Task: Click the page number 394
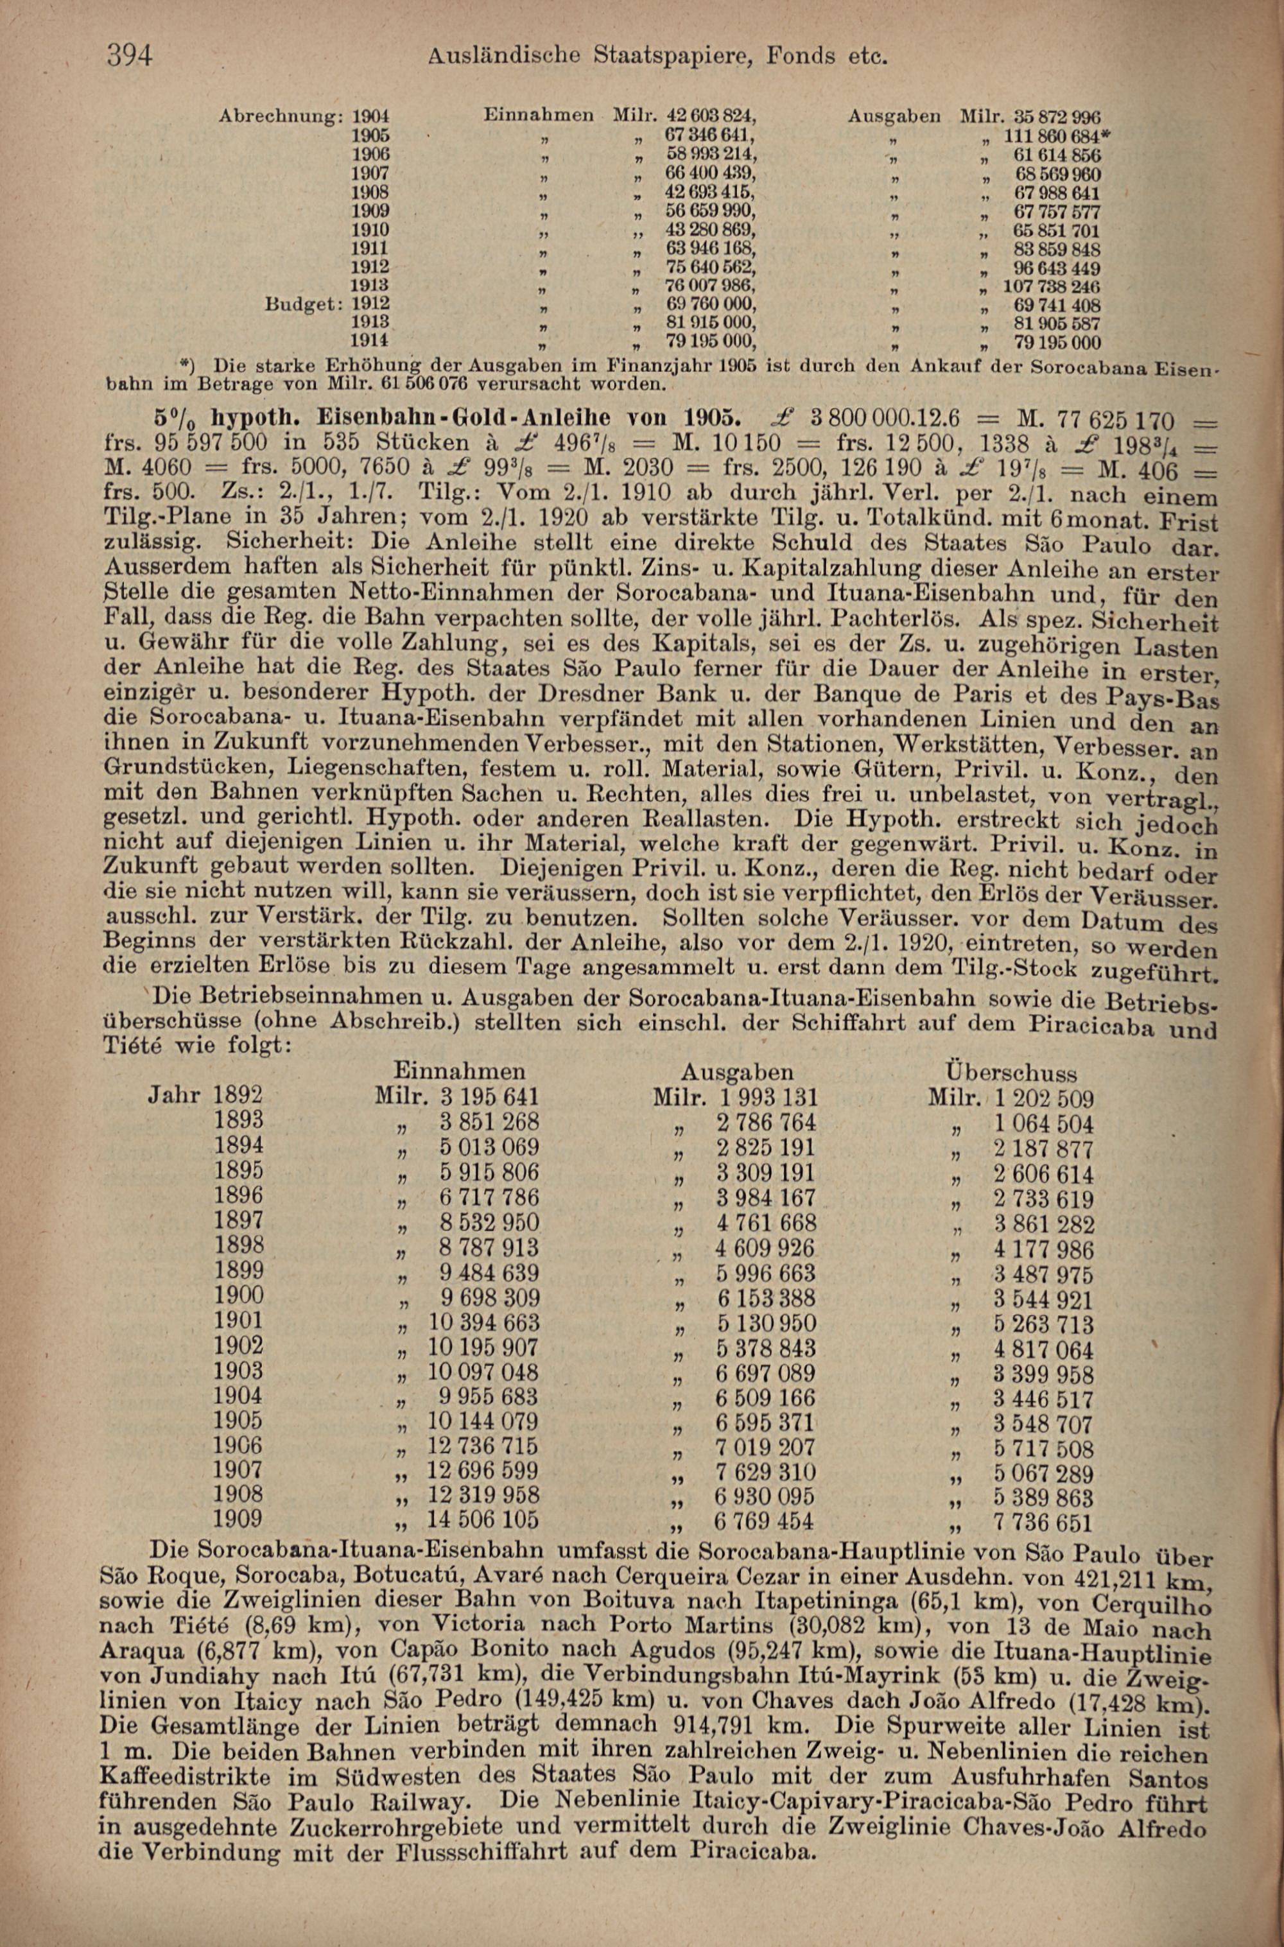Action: coord(130,56)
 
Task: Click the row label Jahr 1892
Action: coord(205,1096)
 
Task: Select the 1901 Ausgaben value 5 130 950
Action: coord(766,1324)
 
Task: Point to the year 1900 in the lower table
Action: coord(238,1296)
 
